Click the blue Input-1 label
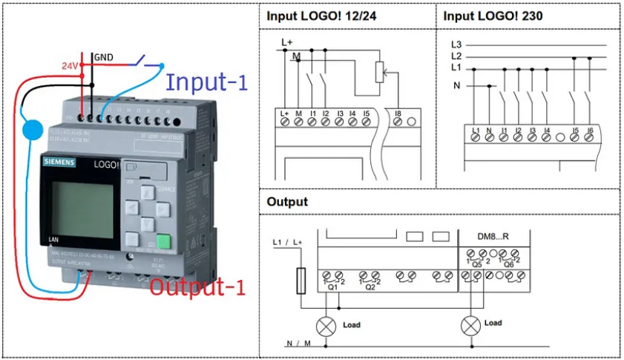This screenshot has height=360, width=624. [206, 82]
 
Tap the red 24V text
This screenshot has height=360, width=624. [70, 65]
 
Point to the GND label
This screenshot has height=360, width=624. [103, 57]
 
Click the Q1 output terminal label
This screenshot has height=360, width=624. [332, 288]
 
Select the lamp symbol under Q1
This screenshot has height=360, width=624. [326, 325]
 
